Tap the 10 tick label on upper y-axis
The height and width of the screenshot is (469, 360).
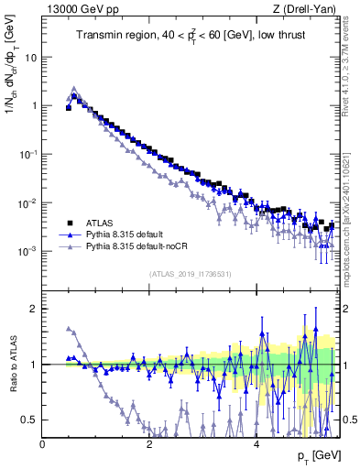pos(31,57)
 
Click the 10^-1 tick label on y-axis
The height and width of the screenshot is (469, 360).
pos(29,154)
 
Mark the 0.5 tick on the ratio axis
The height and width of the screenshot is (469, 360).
pos(30,420)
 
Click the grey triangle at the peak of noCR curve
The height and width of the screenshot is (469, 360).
pos(74,89)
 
